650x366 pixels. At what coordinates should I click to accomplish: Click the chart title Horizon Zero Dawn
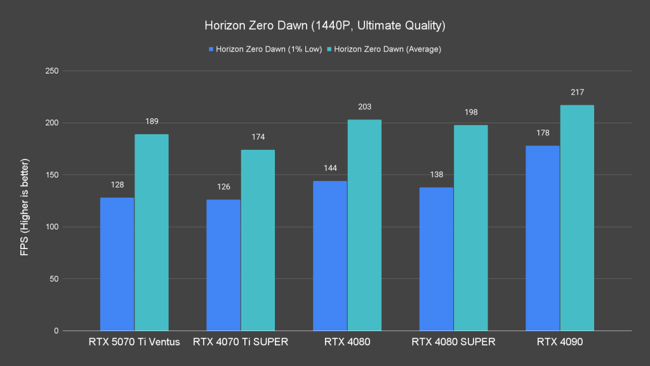click(x=324, y=26)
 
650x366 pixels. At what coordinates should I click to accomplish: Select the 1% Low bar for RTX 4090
click(x=543, y=238)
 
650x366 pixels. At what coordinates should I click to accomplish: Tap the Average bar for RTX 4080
click(x=364, y=225)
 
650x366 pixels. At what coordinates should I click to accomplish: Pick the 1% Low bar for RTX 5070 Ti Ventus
click(x=117, y=264)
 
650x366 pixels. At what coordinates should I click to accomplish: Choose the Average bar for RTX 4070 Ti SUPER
click(x=258, y=240)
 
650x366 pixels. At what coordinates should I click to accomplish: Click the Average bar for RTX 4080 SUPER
click(x=471, y=227)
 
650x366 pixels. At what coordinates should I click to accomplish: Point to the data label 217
click(x=577, y=93)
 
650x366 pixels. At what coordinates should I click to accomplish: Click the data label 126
click(x=223, y=187)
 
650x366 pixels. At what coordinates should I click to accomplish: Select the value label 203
click(x=364, y=107)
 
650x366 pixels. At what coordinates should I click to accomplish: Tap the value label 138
click(x=436, y=175)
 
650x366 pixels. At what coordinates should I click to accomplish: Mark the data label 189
click(x=151, y=121)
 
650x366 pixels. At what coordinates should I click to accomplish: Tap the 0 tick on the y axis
click(x=56, y=331)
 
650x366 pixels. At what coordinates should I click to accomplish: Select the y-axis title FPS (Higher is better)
click(x=25, y=201)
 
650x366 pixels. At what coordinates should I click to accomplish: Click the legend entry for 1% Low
click(x=265, y=49)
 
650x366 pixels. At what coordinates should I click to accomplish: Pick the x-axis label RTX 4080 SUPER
click(x=453, y=342)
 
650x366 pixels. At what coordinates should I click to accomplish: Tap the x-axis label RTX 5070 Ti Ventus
click(x=134, y=342)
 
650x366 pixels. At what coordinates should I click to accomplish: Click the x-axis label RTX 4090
click(x=560, y=342)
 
